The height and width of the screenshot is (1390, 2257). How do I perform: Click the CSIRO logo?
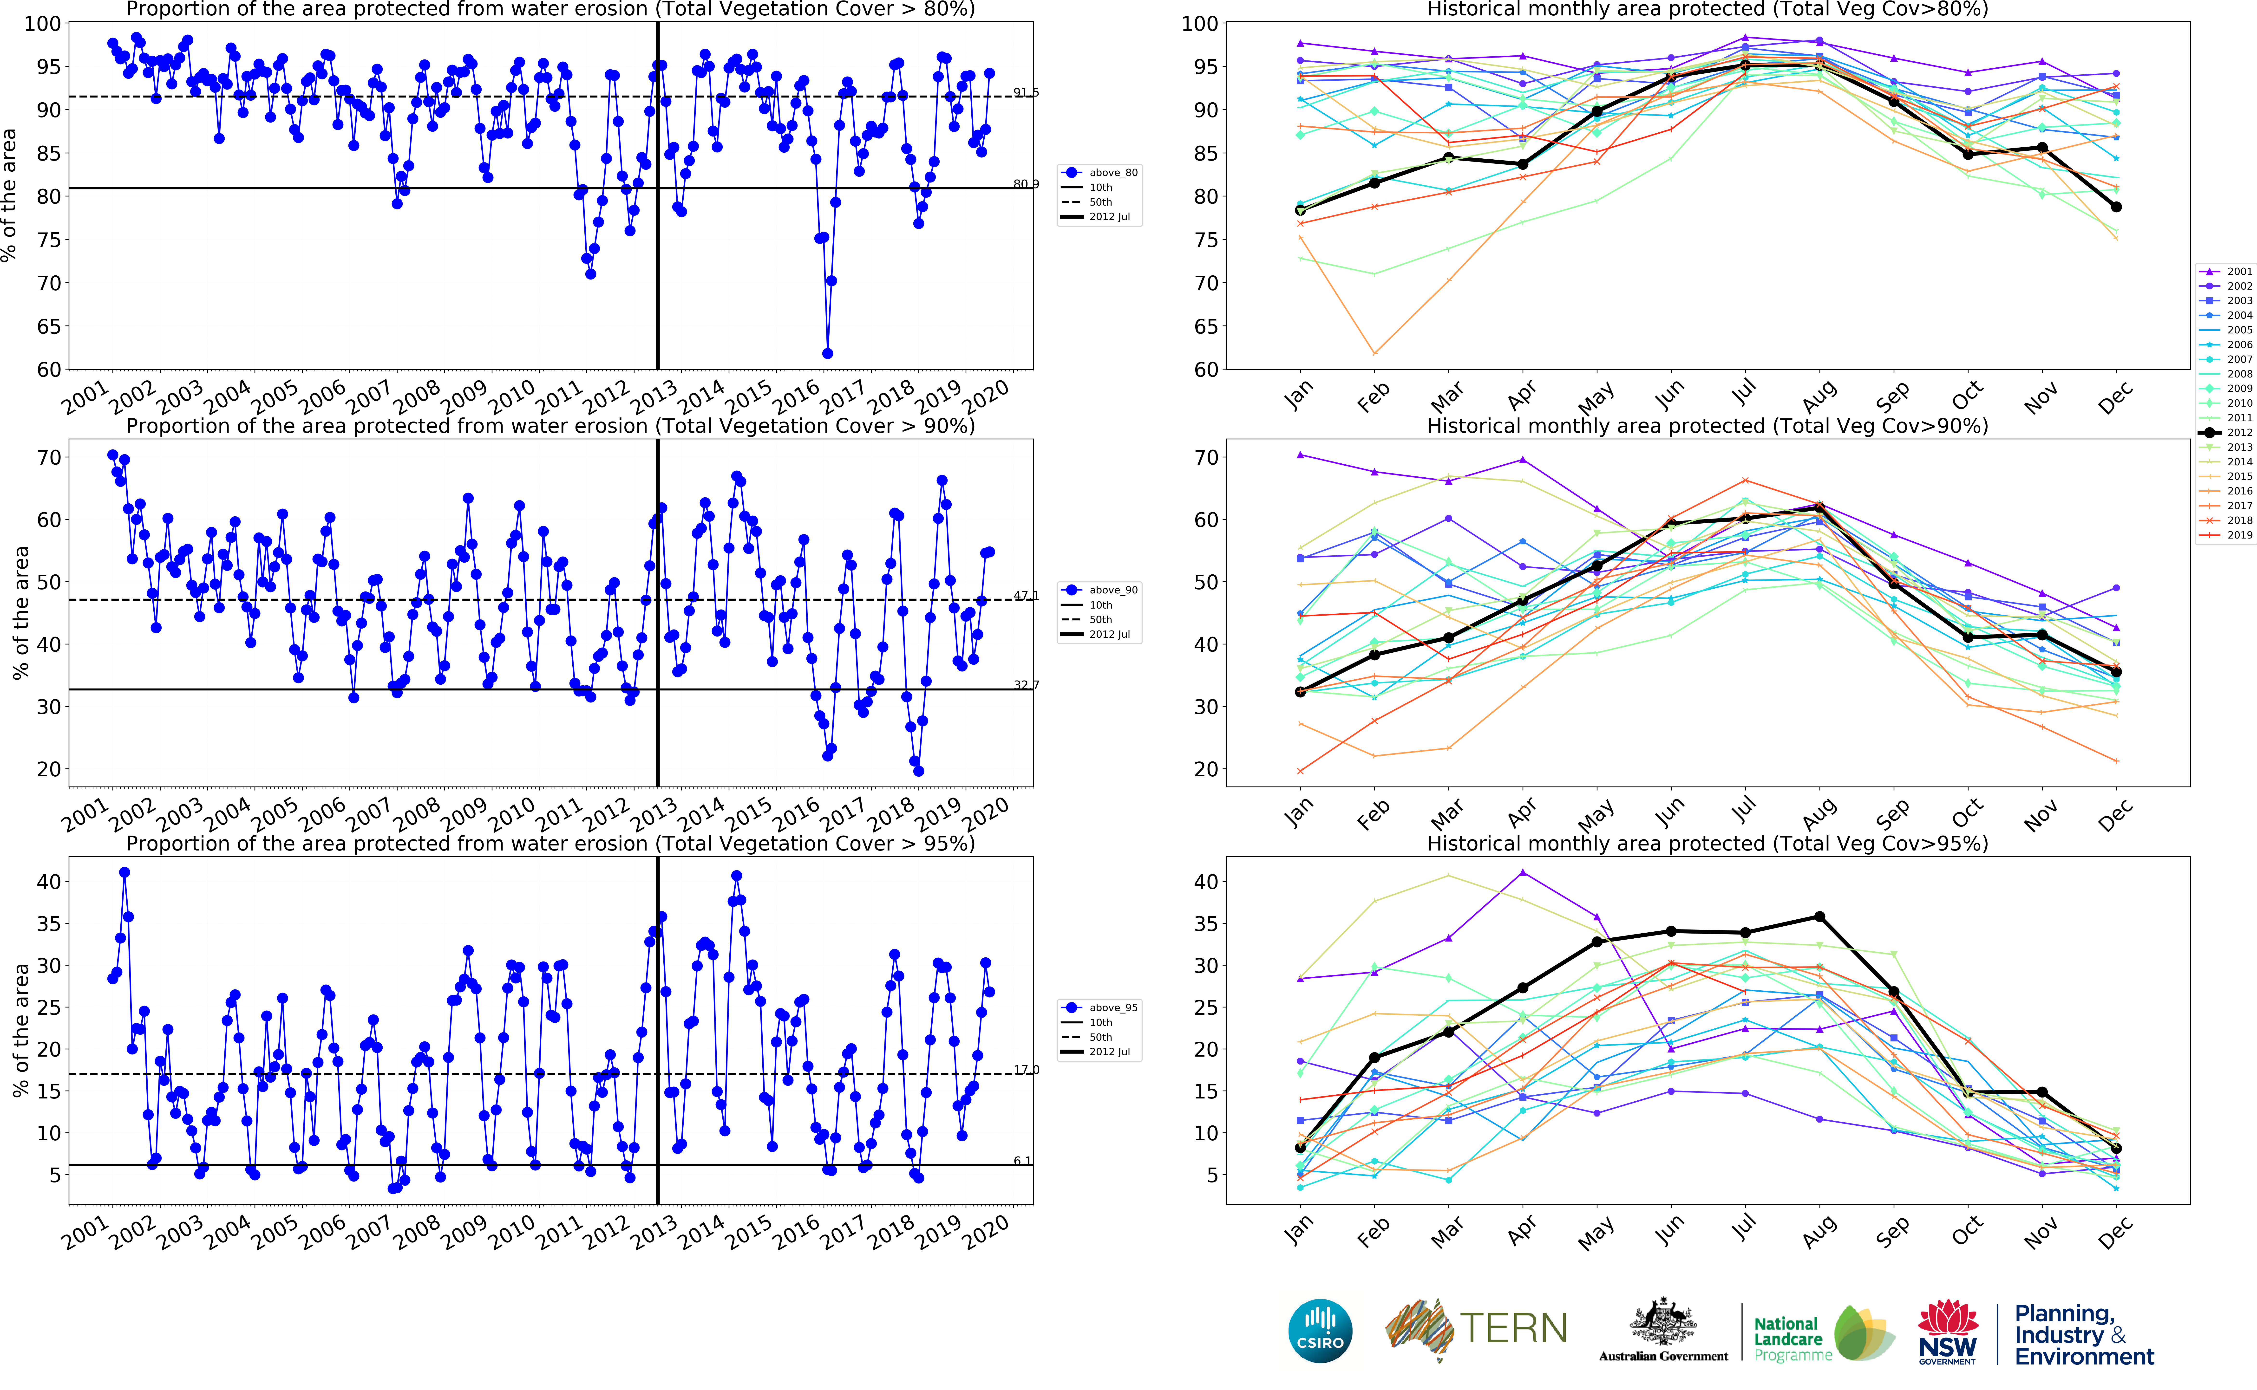(1320, 1330)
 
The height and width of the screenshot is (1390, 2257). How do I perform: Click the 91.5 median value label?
(1026, 92)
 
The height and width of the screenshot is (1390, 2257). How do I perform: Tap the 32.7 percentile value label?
(1026, 685)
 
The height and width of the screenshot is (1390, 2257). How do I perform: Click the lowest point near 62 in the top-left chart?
(827, 353)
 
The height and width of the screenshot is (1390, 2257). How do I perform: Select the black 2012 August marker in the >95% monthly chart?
(1819, 916)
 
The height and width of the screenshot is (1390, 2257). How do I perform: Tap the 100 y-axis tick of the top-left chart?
(42, 24)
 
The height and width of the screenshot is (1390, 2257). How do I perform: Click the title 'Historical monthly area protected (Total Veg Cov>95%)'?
(1707, 844)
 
